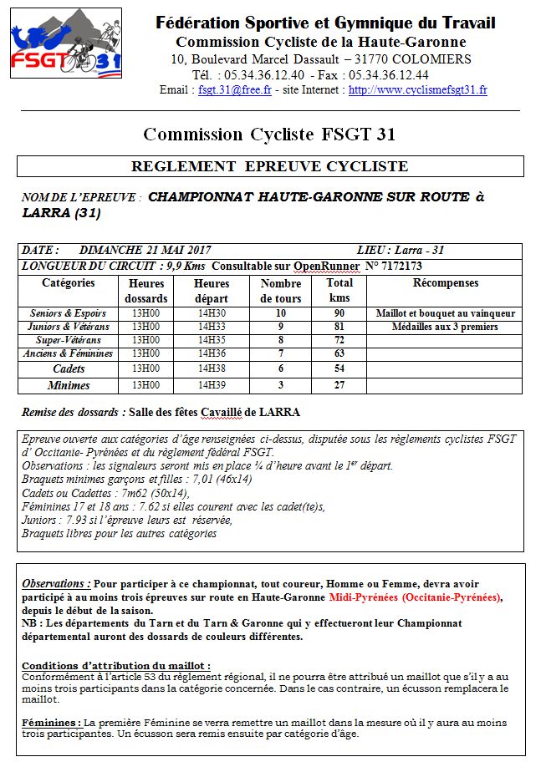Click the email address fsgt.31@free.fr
(235, 89)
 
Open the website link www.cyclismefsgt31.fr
(418, 89)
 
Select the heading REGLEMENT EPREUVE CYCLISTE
(270, 166)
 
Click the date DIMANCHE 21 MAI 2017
(145, 250)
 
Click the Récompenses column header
(445, 283)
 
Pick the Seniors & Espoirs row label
(69, 313)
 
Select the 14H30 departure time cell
(212, 313)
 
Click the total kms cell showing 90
(339, 313)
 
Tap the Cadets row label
(69, 368)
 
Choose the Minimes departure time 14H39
(212, 385)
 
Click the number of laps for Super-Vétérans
(281, 340)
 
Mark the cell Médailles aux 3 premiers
(445, 327)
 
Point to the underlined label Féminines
(52, 722)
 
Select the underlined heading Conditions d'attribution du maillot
(115, 665)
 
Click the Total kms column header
(339, 290)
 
